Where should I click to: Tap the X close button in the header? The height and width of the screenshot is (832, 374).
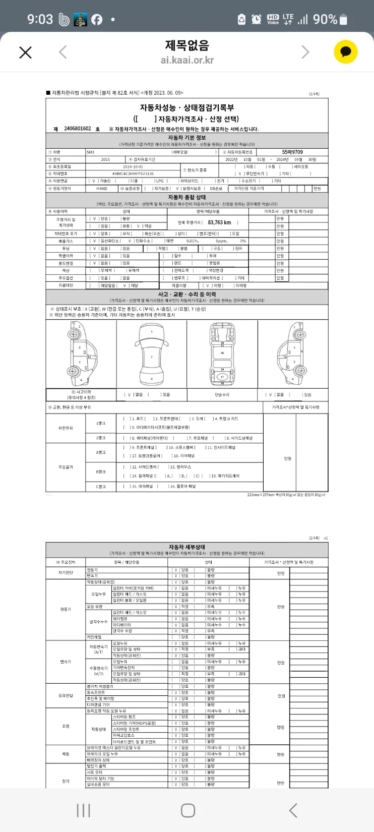pos(25,52)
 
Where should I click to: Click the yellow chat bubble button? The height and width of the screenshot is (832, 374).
pos(346,52)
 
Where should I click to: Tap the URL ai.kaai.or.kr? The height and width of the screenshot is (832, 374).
pos(187,60)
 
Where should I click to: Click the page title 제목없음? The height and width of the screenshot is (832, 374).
pos(187,45)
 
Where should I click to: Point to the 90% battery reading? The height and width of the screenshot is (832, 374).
pos(325,19)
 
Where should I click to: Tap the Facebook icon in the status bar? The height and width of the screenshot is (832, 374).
pos(96,20)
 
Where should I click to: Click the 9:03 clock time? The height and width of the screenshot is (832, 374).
pos(40,19)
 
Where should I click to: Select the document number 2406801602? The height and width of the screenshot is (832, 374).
pos(78,129)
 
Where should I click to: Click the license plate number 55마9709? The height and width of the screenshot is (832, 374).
pos(292,152)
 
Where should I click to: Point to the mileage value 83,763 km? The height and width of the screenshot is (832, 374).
pos(219,222)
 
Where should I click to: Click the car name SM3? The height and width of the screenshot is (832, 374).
pos(90,152)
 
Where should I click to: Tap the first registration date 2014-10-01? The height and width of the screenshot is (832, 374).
pos(133,166)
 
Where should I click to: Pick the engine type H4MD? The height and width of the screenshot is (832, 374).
pos(102,188)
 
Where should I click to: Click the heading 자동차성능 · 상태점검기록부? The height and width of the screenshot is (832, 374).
pos(187,107)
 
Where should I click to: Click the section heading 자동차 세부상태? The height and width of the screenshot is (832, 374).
pos(187,547)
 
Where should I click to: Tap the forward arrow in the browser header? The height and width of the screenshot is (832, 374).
pos(305,52)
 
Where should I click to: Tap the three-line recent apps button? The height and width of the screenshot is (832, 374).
pos(83,810)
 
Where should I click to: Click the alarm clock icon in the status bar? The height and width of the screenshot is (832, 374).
pos(257,19)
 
